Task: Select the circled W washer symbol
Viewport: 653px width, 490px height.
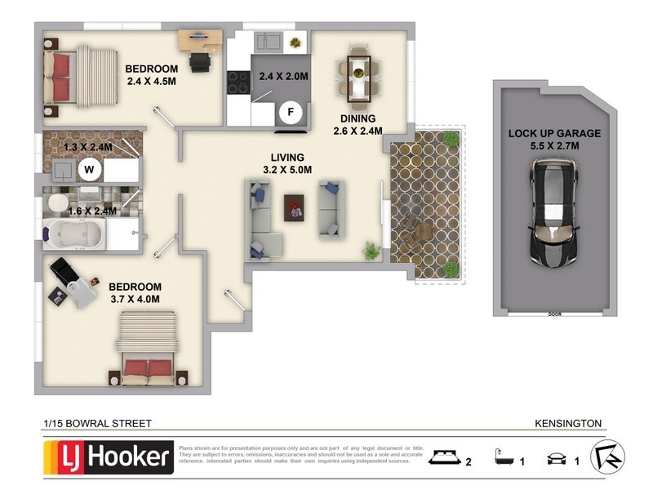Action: (x=90, y=170)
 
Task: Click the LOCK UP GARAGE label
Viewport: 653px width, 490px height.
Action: (x=554, y=133)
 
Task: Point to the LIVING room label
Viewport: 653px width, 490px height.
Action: (x=288, y=157)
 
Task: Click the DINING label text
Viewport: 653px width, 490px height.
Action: (x=358, y=118)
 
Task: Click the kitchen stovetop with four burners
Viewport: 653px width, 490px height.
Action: (x=238, y=82)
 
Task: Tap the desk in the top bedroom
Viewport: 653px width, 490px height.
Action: (x=199, y=38)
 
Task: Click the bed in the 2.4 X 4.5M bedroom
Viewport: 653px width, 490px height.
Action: (x=80, y=76)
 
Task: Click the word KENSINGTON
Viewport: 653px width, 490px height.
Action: (x=568, y=423)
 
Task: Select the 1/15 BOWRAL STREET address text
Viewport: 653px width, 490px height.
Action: (x=97, y=423)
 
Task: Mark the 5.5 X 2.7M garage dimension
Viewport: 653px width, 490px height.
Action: (x=554, y=146)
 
